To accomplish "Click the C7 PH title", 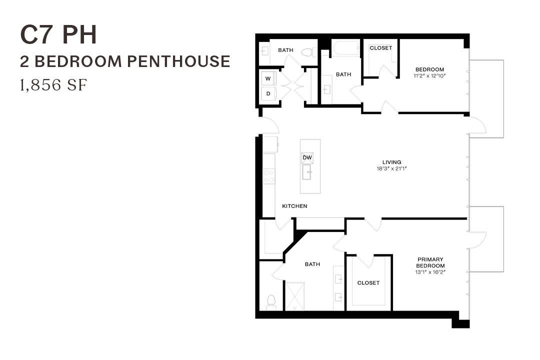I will pyautogui.click(x=58, y=35).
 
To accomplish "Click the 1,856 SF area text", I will pyautogui.click(x=53, y=85).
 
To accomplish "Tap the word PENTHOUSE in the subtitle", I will pyautogui.click(x=178, y=61).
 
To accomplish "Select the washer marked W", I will pyautogui.click(x=268, y=78).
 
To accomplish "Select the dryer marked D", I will pyautogui.click(x=268, y=93).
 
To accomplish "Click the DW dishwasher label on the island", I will pyautogui.click(x=307, y=158).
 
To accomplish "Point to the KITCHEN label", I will pyautogui.click(x=294, y=206).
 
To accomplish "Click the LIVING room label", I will pyautogui.click(x=392, y=162).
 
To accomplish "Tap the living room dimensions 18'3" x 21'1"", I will pyautogui.click(x=392, y=169).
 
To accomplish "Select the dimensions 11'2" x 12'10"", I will pyautogui.click(x=430, y=76).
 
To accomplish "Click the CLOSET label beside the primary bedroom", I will pyautogui.click(x=368, y=283).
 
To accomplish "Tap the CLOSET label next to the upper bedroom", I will pyautogui.click(x=380, y=48).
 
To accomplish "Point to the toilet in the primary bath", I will pyautogui.click(x=271, y=301).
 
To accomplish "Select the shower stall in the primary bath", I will pyautogui.click(x=294, y=295).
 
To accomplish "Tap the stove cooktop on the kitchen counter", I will pyautogui.click(x=269, y=176).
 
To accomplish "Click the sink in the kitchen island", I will pyautogui.click(x=307, y=174).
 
